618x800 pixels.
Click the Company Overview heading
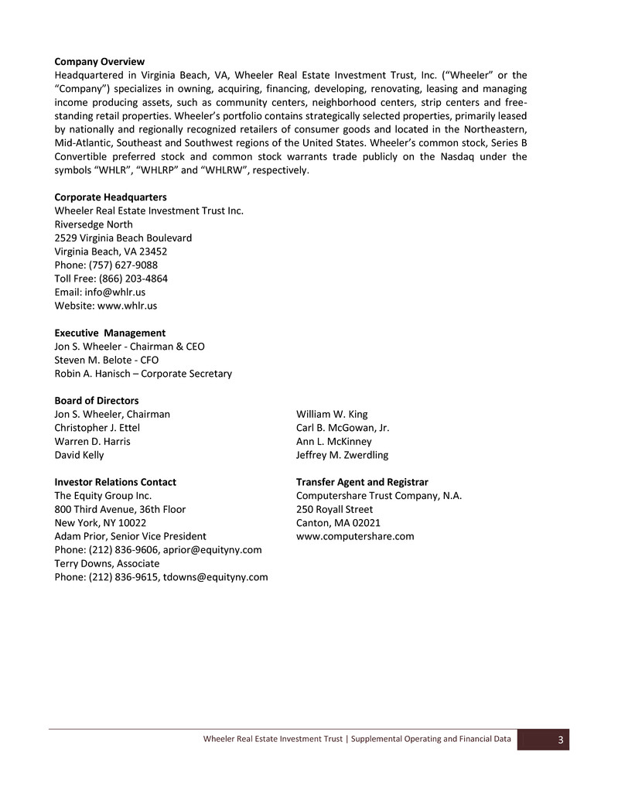tap(99, 61)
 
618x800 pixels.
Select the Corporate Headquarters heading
tap(110, 197)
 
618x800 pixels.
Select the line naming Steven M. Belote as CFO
tap(106, 360)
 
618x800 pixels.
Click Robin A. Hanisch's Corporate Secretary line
tap(143, 374)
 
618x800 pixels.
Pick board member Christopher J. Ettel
tap(97, 428)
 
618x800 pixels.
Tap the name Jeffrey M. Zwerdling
tap(342, 455)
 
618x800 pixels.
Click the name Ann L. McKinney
tap(333, 441)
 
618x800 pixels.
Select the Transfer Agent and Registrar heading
tap(362, 482)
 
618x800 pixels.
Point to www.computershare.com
tap(355, 536)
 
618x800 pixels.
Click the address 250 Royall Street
tap(334, 509)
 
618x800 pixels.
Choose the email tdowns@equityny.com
tap(216, 576)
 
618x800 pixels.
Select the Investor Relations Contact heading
tap(115, 482)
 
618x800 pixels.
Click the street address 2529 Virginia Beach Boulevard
tap(123, 238)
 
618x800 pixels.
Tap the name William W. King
tap(332, 414)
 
